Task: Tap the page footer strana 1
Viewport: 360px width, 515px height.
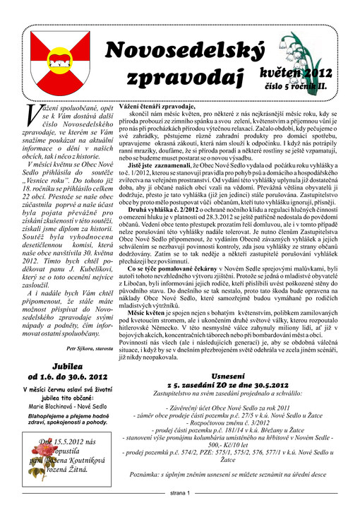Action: [x=180, y=492]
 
